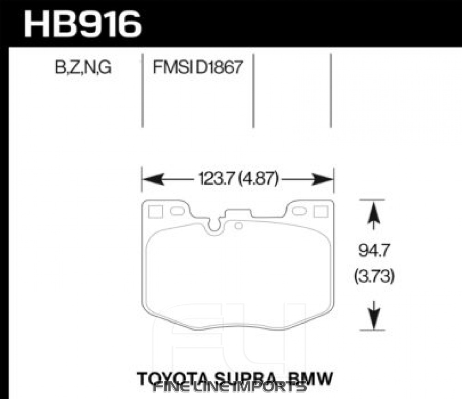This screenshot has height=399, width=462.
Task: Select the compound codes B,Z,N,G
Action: [83, 68]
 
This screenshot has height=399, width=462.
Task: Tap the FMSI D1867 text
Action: [197, 68]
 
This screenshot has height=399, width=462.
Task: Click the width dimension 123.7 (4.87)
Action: [237, 179]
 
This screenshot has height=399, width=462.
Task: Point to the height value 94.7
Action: [374, 253]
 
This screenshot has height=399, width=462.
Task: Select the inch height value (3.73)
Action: [374, 277]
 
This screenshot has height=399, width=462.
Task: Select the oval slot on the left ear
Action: [177, 211]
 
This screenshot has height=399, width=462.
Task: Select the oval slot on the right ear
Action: [300, 211]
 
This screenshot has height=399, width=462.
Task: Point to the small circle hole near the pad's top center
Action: [238, 226]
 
